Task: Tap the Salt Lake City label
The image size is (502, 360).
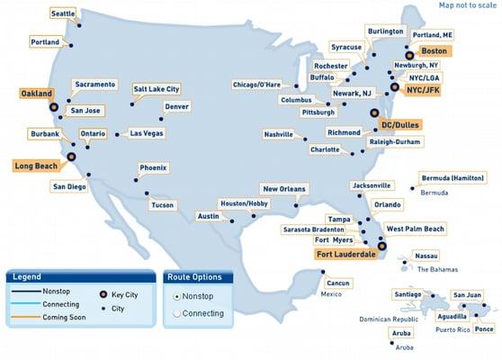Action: coord(157,89)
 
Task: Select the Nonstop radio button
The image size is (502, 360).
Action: coord(176,295)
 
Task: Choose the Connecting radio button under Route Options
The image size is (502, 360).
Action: coord(176,313)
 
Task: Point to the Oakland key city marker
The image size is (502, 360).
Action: coord(53,106)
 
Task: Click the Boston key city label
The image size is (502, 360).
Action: coord(434,51)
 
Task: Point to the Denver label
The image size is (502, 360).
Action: coord(177,106)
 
